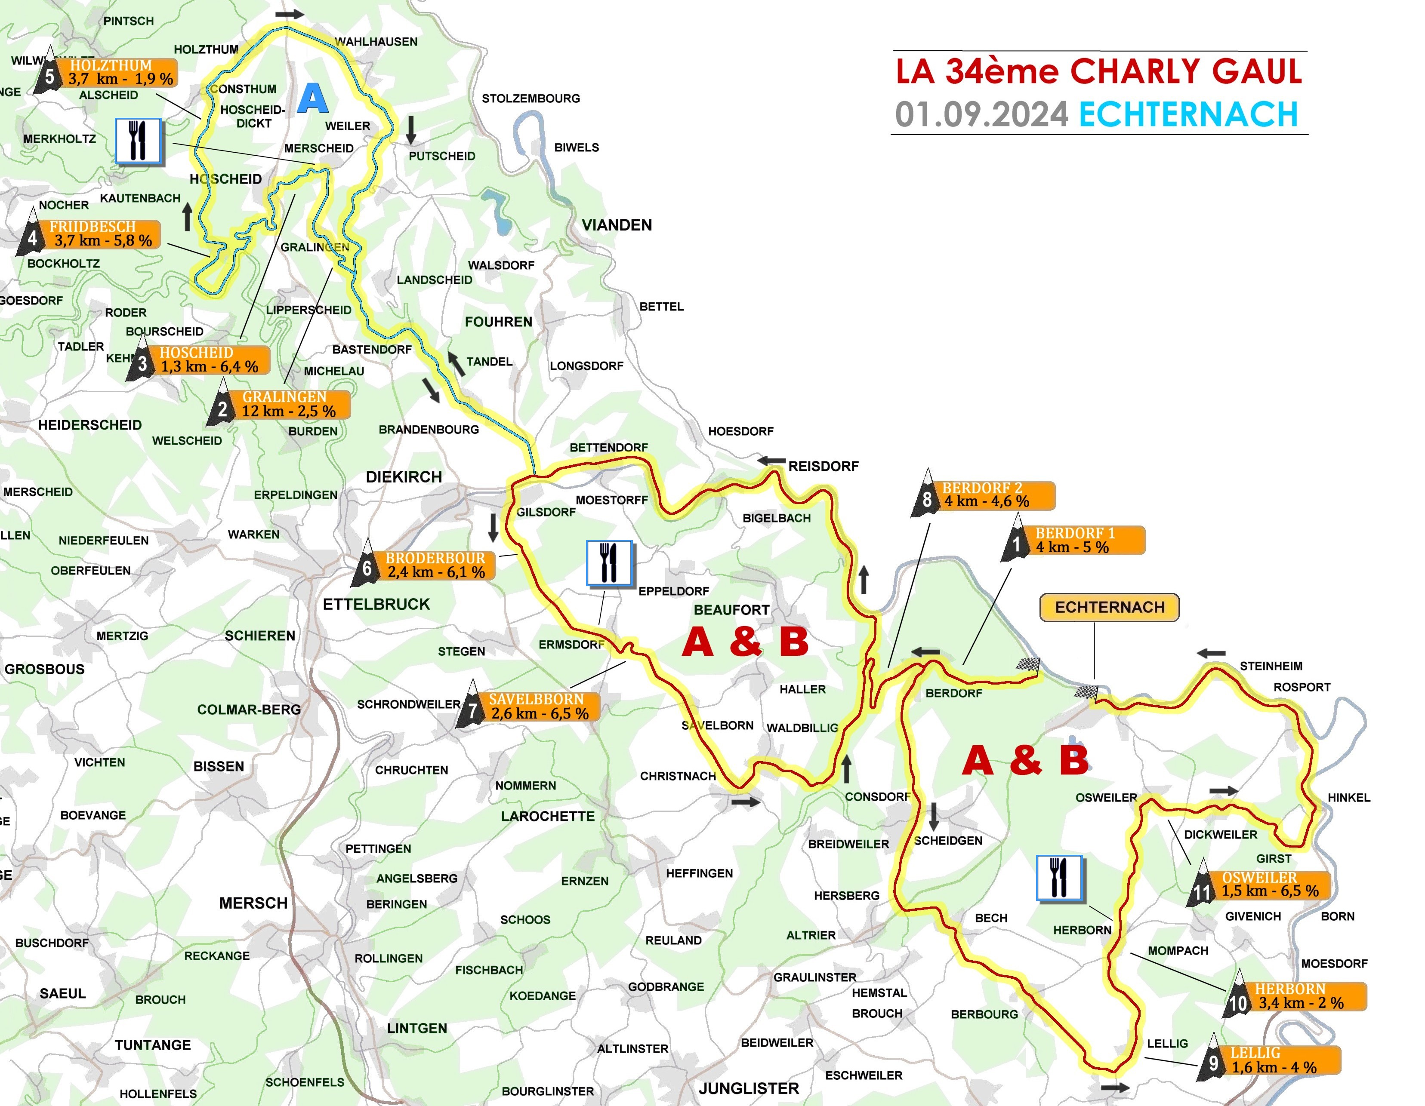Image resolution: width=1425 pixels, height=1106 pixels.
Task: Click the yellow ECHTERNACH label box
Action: (1109, 607)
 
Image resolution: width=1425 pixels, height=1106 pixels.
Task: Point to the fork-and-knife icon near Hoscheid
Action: (138, 141)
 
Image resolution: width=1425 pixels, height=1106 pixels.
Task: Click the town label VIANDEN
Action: (617, 225)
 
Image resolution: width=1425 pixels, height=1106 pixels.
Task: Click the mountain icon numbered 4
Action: (32, 235)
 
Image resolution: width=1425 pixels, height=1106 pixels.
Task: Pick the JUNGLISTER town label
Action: (748, 1088)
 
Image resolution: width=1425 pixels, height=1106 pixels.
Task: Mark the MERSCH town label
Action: (253, 903)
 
